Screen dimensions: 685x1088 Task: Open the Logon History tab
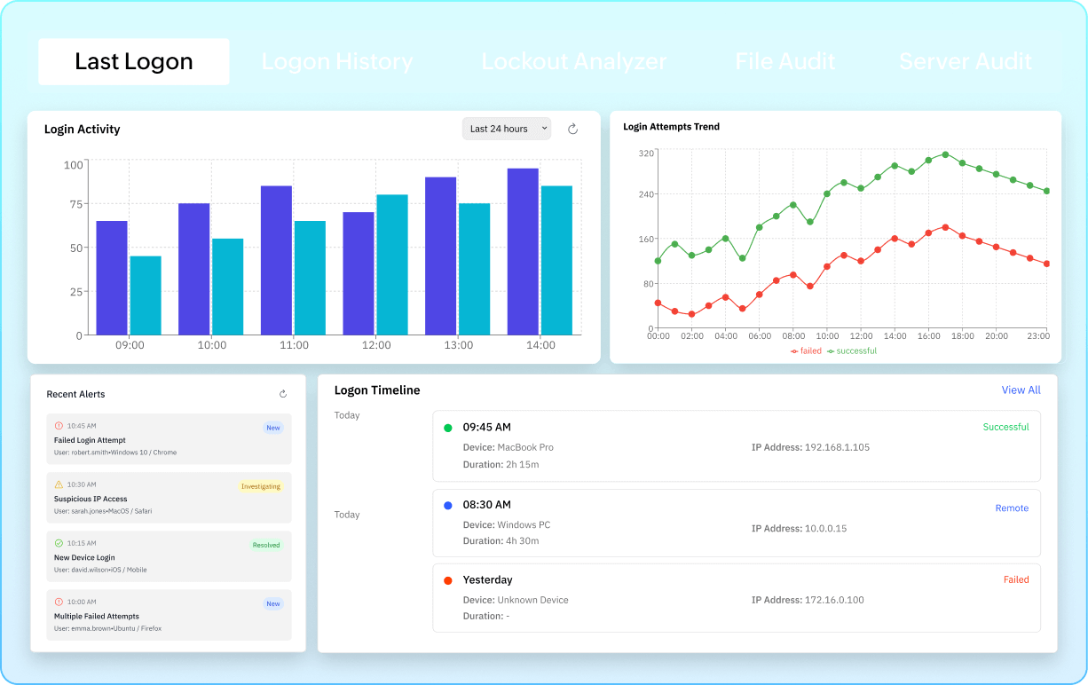[x=337, y=61]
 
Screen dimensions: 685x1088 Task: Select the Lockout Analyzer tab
[x=574, y=61]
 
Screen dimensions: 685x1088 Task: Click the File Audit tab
[x=785, y=61]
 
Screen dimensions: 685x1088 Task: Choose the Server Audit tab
[x=966, y=61]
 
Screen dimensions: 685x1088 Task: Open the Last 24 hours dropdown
[x=506, y=129]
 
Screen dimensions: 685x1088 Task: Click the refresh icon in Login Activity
[x=573, y=129]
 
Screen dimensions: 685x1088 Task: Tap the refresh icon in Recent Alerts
[x=283, y=394]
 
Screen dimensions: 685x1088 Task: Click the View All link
[x=1021, y=390]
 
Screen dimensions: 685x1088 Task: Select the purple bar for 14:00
[x=523, y=251]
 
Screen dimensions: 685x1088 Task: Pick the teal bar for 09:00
[x=146, y=295]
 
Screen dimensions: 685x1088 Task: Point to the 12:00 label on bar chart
[x=376, y=345]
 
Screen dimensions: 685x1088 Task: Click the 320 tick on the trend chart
[x=646, y=154]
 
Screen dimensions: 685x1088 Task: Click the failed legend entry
[x=807, y=351]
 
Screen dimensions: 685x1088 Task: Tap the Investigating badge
[x=261, y=486]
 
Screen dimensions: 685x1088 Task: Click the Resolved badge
[x=266, y=545]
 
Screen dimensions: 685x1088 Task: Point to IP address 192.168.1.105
[x=837, y=447]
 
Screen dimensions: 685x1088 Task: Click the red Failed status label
[x=1016, y=579]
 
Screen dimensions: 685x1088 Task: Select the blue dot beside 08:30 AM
[x=447, y=505]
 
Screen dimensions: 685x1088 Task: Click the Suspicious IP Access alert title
[x=91, y=499]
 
